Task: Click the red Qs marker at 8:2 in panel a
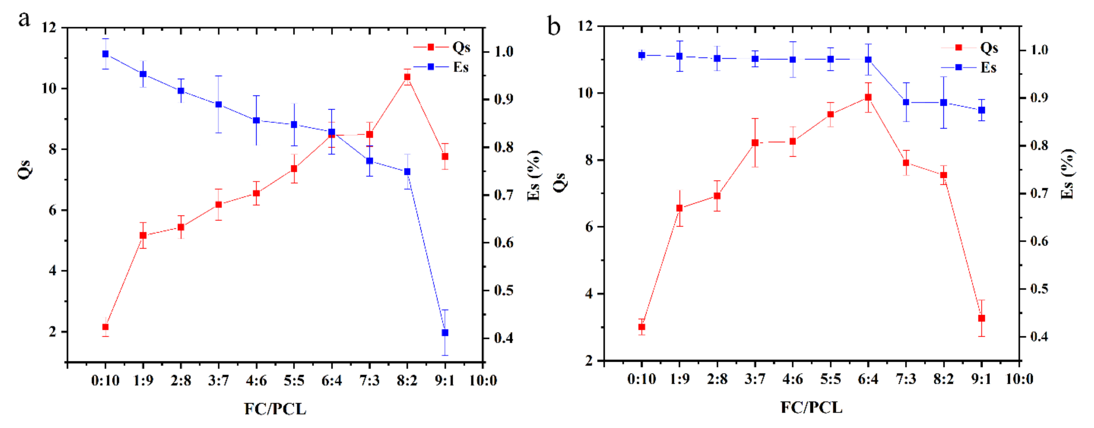[407, 77]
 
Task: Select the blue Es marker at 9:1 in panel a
[445, 332]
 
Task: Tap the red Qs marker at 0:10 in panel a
[105, 327]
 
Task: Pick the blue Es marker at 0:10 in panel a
[105, 54]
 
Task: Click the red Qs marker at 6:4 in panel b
[868, 97]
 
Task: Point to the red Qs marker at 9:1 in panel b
[981, 318]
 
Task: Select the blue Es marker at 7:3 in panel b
[906, 102]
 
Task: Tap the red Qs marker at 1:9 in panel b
[679, 208]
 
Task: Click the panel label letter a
[24, 19]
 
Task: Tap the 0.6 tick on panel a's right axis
[504, 242]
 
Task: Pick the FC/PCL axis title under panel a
[275, 409]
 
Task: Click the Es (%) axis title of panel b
[1067, 174]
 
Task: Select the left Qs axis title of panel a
[25, 169]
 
